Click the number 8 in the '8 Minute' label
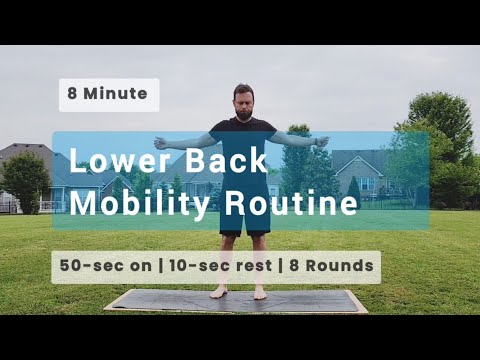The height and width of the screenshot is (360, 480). (x=74, y=95)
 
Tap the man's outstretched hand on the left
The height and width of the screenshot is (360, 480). (x=160, y=143)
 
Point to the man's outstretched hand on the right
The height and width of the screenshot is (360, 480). (x=322, y=141)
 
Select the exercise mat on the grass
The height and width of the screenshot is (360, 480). (x=236, y=302)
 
